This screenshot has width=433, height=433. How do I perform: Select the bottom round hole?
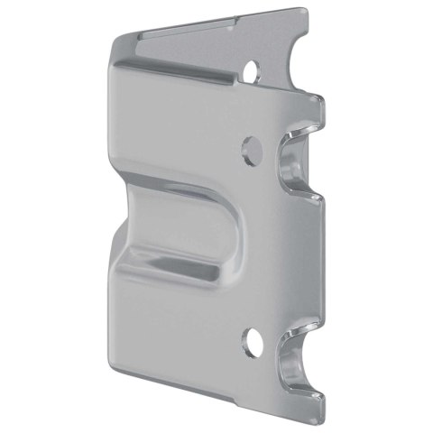tap(252, 341)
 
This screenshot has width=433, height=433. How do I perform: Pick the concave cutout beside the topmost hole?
tap(287, 63)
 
